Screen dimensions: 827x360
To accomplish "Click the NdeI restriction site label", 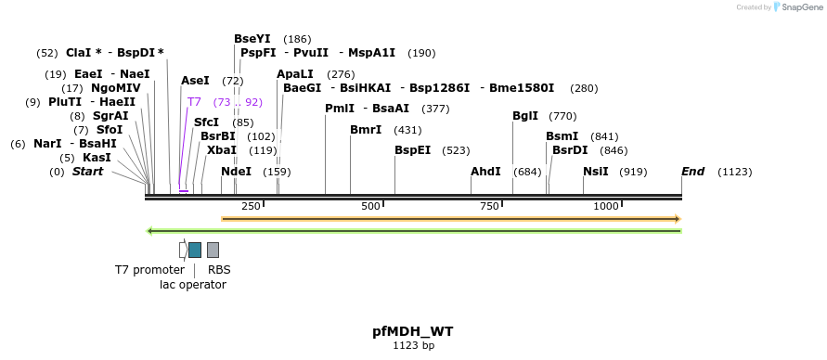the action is coord(236,172).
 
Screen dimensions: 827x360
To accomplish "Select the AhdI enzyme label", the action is coord(485,172).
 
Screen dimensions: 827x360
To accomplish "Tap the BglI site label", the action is coord(524,116).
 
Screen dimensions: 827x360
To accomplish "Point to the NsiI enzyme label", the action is coord(596,172).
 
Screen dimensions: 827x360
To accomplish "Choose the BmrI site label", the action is coord(366,129).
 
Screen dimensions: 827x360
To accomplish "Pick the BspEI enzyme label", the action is coord(412,149).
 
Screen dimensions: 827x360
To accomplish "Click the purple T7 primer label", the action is coord(194,102).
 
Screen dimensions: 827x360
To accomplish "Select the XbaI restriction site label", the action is coord(222,149).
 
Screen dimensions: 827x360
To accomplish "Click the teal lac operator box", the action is coord(195,250).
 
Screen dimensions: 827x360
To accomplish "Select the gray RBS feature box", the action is coord(213,250).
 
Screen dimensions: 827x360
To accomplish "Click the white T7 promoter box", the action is coord(183,250).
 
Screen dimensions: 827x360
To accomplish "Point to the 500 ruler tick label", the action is coord(370,205).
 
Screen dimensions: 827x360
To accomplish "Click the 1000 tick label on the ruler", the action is coord(605,205).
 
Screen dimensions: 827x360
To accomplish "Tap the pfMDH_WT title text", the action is coord(413,331).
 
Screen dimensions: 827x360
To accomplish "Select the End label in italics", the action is coord(692,172).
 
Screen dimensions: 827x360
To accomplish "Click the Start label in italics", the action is coord(87,172).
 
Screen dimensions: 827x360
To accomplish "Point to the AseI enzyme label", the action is coord(195,81).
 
